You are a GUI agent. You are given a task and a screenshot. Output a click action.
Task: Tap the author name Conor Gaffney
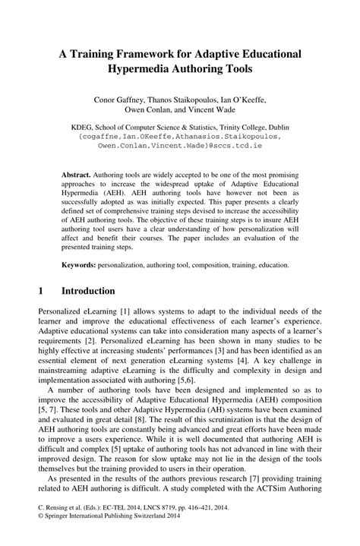(118, 99)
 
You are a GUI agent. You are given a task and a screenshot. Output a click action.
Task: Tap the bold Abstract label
(77, 174)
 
